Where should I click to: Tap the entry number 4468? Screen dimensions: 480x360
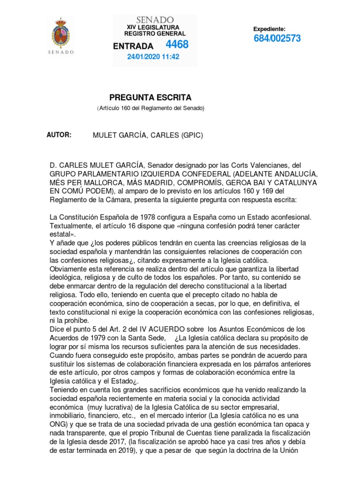(x=177, y=45)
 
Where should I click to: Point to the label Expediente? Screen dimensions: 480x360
(x=269, y=29)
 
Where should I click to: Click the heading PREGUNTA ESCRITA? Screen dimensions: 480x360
(x=150, y=97)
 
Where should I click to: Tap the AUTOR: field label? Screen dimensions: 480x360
(x=59, y=135)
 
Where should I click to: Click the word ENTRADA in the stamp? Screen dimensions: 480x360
(x=134, y=46)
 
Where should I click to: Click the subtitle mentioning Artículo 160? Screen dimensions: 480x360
(x=150, y=108)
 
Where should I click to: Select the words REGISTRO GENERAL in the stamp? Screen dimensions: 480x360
(x=154, y=34)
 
